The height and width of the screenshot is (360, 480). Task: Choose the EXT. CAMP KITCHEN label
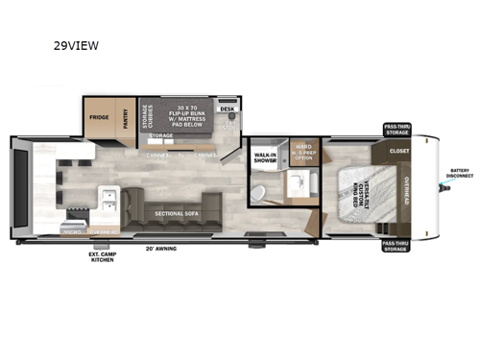(102, 256)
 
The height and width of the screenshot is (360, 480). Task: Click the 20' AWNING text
(162, 248)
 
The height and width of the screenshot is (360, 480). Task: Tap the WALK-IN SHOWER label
(265, 160)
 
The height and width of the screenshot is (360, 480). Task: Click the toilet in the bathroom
(257, 195)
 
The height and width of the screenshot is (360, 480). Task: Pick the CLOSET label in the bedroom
(399, 151)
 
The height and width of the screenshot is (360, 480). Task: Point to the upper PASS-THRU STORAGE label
(396, 130)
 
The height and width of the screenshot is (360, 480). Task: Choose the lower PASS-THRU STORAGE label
(396, 247)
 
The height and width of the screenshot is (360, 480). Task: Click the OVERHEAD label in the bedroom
(407, 196)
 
